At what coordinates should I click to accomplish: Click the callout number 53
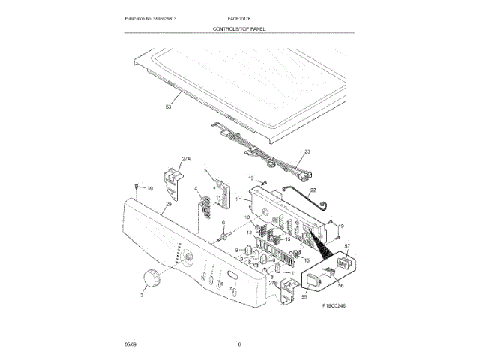point(168,108)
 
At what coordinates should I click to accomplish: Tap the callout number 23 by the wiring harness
point(306,152)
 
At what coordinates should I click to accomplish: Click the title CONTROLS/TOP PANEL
point(240,28)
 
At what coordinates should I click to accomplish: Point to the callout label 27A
point(187,158)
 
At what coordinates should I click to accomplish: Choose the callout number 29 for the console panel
point(169,204)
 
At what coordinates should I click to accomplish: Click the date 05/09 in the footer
point(130,343)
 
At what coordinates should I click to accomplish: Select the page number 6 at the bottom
point(239,343)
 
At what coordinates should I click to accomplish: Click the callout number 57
point(347,246)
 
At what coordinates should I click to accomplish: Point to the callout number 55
point(304,297)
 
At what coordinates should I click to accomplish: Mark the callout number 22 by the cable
point(313,190)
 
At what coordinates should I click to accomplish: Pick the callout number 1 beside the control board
point(237,199)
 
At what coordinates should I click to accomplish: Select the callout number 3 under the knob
point(142,296)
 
